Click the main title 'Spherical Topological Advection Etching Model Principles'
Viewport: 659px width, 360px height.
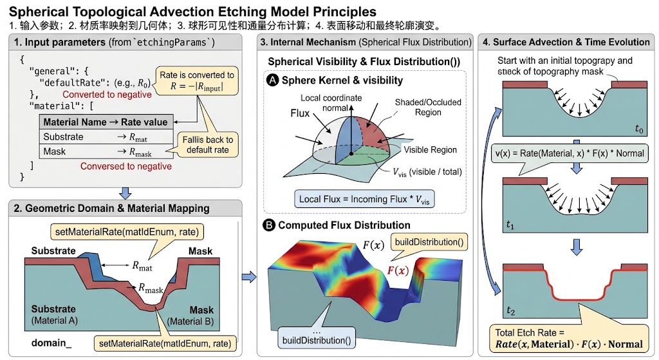point(192,11)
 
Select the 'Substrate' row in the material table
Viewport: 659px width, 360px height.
point(106,137)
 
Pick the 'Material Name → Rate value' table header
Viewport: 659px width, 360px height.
point(106,122)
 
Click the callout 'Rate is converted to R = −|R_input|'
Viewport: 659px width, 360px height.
point(197,81)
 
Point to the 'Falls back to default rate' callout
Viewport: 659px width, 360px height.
point(208,145)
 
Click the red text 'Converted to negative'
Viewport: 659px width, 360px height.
point(107,95)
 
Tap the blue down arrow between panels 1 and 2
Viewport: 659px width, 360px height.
point(125,193)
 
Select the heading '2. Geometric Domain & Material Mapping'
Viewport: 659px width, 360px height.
point(111,209)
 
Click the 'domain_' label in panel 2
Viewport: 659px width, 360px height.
point(51,343)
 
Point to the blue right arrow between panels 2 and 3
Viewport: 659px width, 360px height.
point(249,277)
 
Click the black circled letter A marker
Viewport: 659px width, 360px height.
point(273,80)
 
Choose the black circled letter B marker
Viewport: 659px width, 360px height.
point(268,225)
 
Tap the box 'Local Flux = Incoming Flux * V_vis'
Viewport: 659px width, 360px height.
point(364,200)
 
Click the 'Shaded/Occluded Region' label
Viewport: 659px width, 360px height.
point(428,108)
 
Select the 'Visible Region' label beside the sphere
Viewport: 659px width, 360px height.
point(431,150)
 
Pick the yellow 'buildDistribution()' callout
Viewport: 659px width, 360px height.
point(429,242)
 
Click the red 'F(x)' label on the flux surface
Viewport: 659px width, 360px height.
point(398,270)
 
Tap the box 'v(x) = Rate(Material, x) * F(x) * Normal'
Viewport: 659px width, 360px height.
point(570,153)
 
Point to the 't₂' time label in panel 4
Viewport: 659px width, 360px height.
point(510,311)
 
